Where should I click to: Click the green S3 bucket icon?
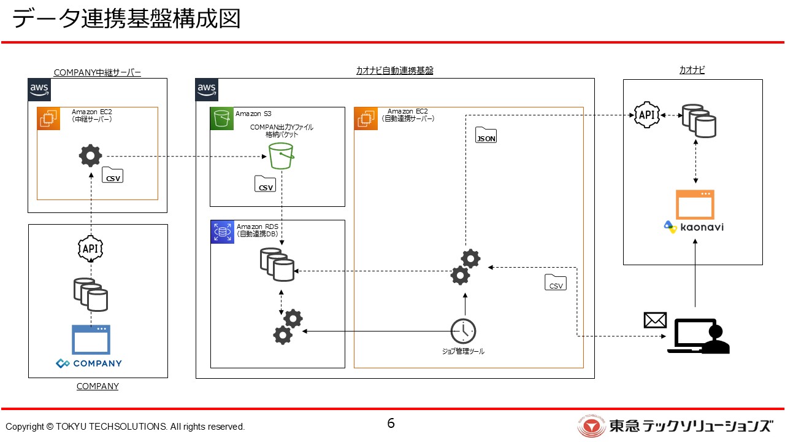tap(281, 156)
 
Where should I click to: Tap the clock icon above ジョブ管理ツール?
tap(463, 331)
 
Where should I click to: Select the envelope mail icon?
tap(655, 320)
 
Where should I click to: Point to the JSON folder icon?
tap(486, 136)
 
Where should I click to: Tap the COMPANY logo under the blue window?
tap(89, 363)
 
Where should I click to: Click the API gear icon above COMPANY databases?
tap(91, 249)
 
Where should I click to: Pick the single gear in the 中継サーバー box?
tap(91, 156)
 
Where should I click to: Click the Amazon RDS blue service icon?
tap(222, 232)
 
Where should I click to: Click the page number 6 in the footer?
tap(391, 423)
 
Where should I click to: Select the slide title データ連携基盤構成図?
tap(126, 19)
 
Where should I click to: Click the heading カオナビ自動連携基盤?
tap(394, 71)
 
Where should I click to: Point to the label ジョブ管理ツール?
tap(463, 352)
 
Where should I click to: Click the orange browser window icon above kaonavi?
tap(695, 204)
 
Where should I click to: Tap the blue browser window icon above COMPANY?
tap(91, 339)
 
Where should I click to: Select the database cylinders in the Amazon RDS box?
tap(276, 264)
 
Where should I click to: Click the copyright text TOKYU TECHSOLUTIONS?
tap(125, 427)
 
